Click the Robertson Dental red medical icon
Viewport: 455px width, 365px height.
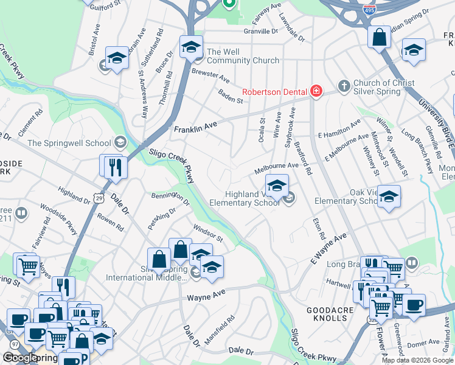pos(316,92)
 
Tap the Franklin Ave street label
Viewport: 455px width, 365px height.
pos(195,128)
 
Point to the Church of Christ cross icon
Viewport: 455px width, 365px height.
pos(344,85)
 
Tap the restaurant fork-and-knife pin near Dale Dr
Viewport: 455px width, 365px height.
pos(114,167)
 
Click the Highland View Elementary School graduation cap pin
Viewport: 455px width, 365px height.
pos(276,186)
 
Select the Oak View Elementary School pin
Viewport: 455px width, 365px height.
pos(389,196)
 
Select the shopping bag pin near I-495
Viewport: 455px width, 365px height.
pos(380,37)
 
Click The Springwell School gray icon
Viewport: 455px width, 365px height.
pos(120,143)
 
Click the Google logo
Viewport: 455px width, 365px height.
pos(20,358)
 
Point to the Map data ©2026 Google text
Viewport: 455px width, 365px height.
pos(417,360)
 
